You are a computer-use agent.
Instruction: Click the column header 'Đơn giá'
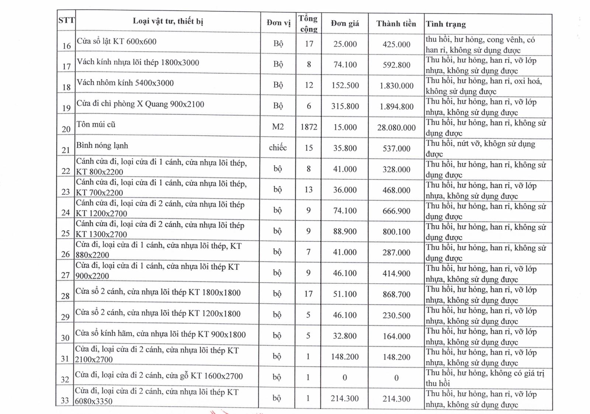(x=345, y=24)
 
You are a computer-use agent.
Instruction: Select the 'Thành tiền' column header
(x=396, y=24)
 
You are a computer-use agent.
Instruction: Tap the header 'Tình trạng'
(x=446, y=24)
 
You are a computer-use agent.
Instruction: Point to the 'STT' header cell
(x=66, y=20)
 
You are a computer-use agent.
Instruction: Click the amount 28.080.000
(x=396, y=128)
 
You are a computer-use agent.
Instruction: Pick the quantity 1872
(x=309, y=127)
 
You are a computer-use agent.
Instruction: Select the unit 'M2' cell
(x=278, y=127)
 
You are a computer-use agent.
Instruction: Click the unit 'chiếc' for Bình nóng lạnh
(x=278, y=148)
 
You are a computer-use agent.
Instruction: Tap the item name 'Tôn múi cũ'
(x=96, y=125)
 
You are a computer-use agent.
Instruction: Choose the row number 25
(x=66, y=233)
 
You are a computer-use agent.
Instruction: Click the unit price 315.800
(x=345, y=106)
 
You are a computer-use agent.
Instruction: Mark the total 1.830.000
(x=396, y=86)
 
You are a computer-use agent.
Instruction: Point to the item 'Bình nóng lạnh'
(x=102, y=145)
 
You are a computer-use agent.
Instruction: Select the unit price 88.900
(x=345, y=231)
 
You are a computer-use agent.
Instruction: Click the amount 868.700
(x=396, y=294)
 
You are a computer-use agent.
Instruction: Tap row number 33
(x=65, y=401)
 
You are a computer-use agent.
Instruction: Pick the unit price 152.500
(x=345, y=86)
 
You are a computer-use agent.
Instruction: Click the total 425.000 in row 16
(x=396, y=45)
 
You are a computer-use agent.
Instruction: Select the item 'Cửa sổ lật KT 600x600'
(x=117, y=42)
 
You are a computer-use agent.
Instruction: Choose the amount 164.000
(x=396, y=336)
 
